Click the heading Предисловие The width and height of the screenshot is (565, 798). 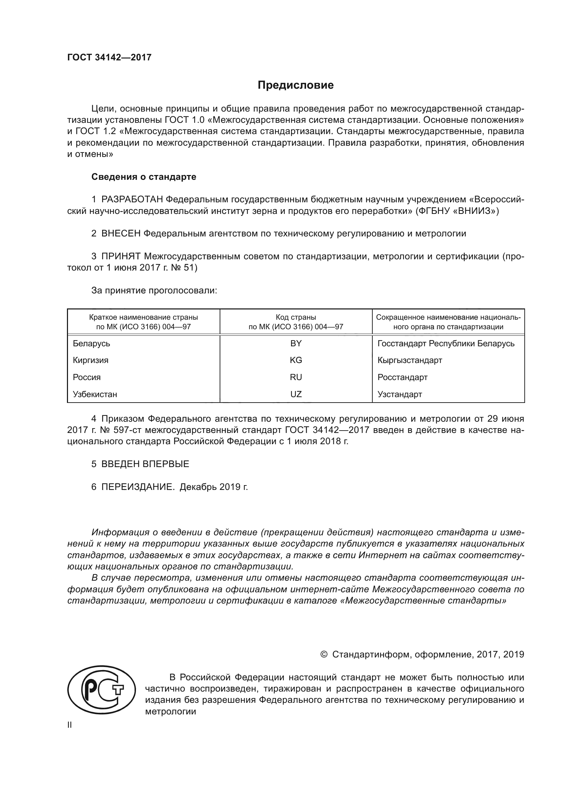point(295,85)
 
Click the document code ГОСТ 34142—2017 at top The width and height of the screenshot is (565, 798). point(109,57)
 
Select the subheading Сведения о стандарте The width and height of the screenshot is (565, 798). point(144,177)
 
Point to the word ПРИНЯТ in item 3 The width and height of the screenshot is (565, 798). point(121,257)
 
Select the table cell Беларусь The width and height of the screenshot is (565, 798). point(92,344)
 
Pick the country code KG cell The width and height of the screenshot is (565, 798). point(296,360)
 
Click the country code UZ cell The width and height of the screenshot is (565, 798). point(296,394)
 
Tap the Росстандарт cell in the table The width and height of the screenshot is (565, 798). point(402,377)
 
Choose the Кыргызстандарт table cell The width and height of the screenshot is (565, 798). point(410,360)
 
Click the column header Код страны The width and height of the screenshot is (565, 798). point(296,317)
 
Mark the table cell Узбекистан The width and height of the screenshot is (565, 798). point(95,394)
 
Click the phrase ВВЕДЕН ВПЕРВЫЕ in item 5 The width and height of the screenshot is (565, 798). point(145,464)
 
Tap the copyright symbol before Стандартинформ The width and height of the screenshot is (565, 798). point(323,654)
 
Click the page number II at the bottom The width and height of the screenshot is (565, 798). point(70,725)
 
